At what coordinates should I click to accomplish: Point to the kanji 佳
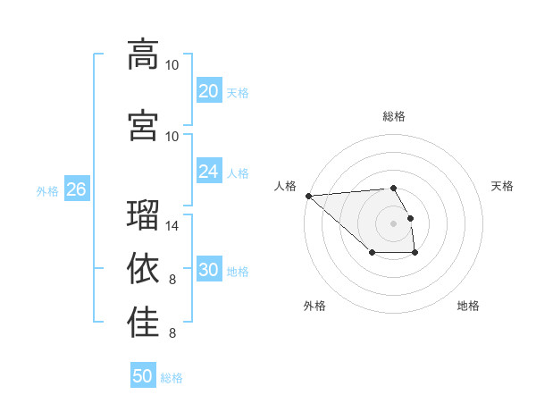point(143,323)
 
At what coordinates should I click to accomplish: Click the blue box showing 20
point(208,91)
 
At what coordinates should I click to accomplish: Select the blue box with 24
point(208,172)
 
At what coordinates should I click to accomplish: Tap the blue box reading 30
point(208,271)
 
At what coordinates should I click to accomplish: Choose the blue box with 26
point(76,189)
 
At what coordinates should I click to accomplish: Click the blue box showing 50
point(143,376)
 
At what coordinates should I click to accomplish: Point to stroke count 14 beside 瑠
point(172,226)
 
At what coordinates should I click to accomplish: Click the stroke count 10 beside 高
point(172,65)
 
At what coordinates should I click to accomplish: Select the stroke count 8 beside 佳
point(172,333)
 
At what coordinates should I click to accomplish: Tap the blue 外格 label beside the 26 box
point(47,190)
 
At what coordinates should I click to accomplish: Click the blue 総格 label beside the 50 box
point(172,378)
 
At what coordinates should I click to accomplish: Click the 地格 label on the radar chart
point(468,306)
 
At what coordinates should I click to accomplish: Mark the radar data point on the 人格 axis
point(308,196)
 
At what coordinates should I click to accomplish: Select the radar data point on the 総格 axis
point(393,188)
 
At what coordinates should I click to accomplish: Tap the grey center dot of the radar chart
point(393,223)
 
